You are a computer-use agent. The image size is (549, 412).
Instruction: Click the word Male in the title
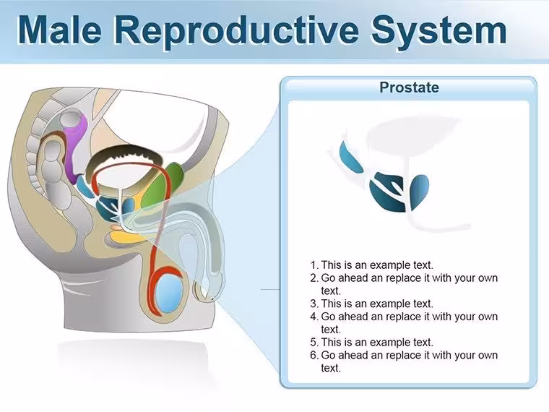[x=59, y=30]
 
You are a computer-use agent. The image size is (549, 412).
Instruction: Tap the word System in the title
[x=439, y=32]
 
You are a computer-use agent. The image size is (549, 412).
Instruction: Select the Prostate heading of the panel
[x=409, y=87]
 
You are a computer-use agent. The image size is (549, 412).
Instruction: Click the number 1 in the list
[x=313, y=265]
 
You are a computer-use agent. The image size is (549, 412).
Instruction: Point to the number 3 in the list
[x=314, y=304]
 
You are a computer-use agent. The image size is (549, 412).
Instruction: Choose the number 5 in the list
[x=314, y=342]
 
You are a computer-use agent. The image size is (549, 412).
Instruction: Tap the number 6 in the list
[x=314, y=355]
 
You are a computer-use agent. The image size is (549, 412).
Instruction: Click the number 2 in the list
[x=314, y=278]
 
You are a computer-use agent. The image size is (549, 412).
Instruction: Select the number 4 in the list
[x=314, y=317]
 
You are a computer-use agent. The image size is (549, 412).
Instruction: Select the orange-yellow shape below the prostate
[x=126, y=238]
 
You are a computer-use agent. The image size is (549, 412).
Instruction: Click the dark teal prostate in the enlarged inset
[x=387, y=192]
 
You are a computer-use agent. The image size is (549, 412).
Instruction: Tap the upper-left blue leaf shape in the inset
[x=350, y=156]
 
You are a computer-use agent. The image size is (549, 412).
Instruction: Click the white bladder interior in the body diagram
[x=121, y=177]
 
